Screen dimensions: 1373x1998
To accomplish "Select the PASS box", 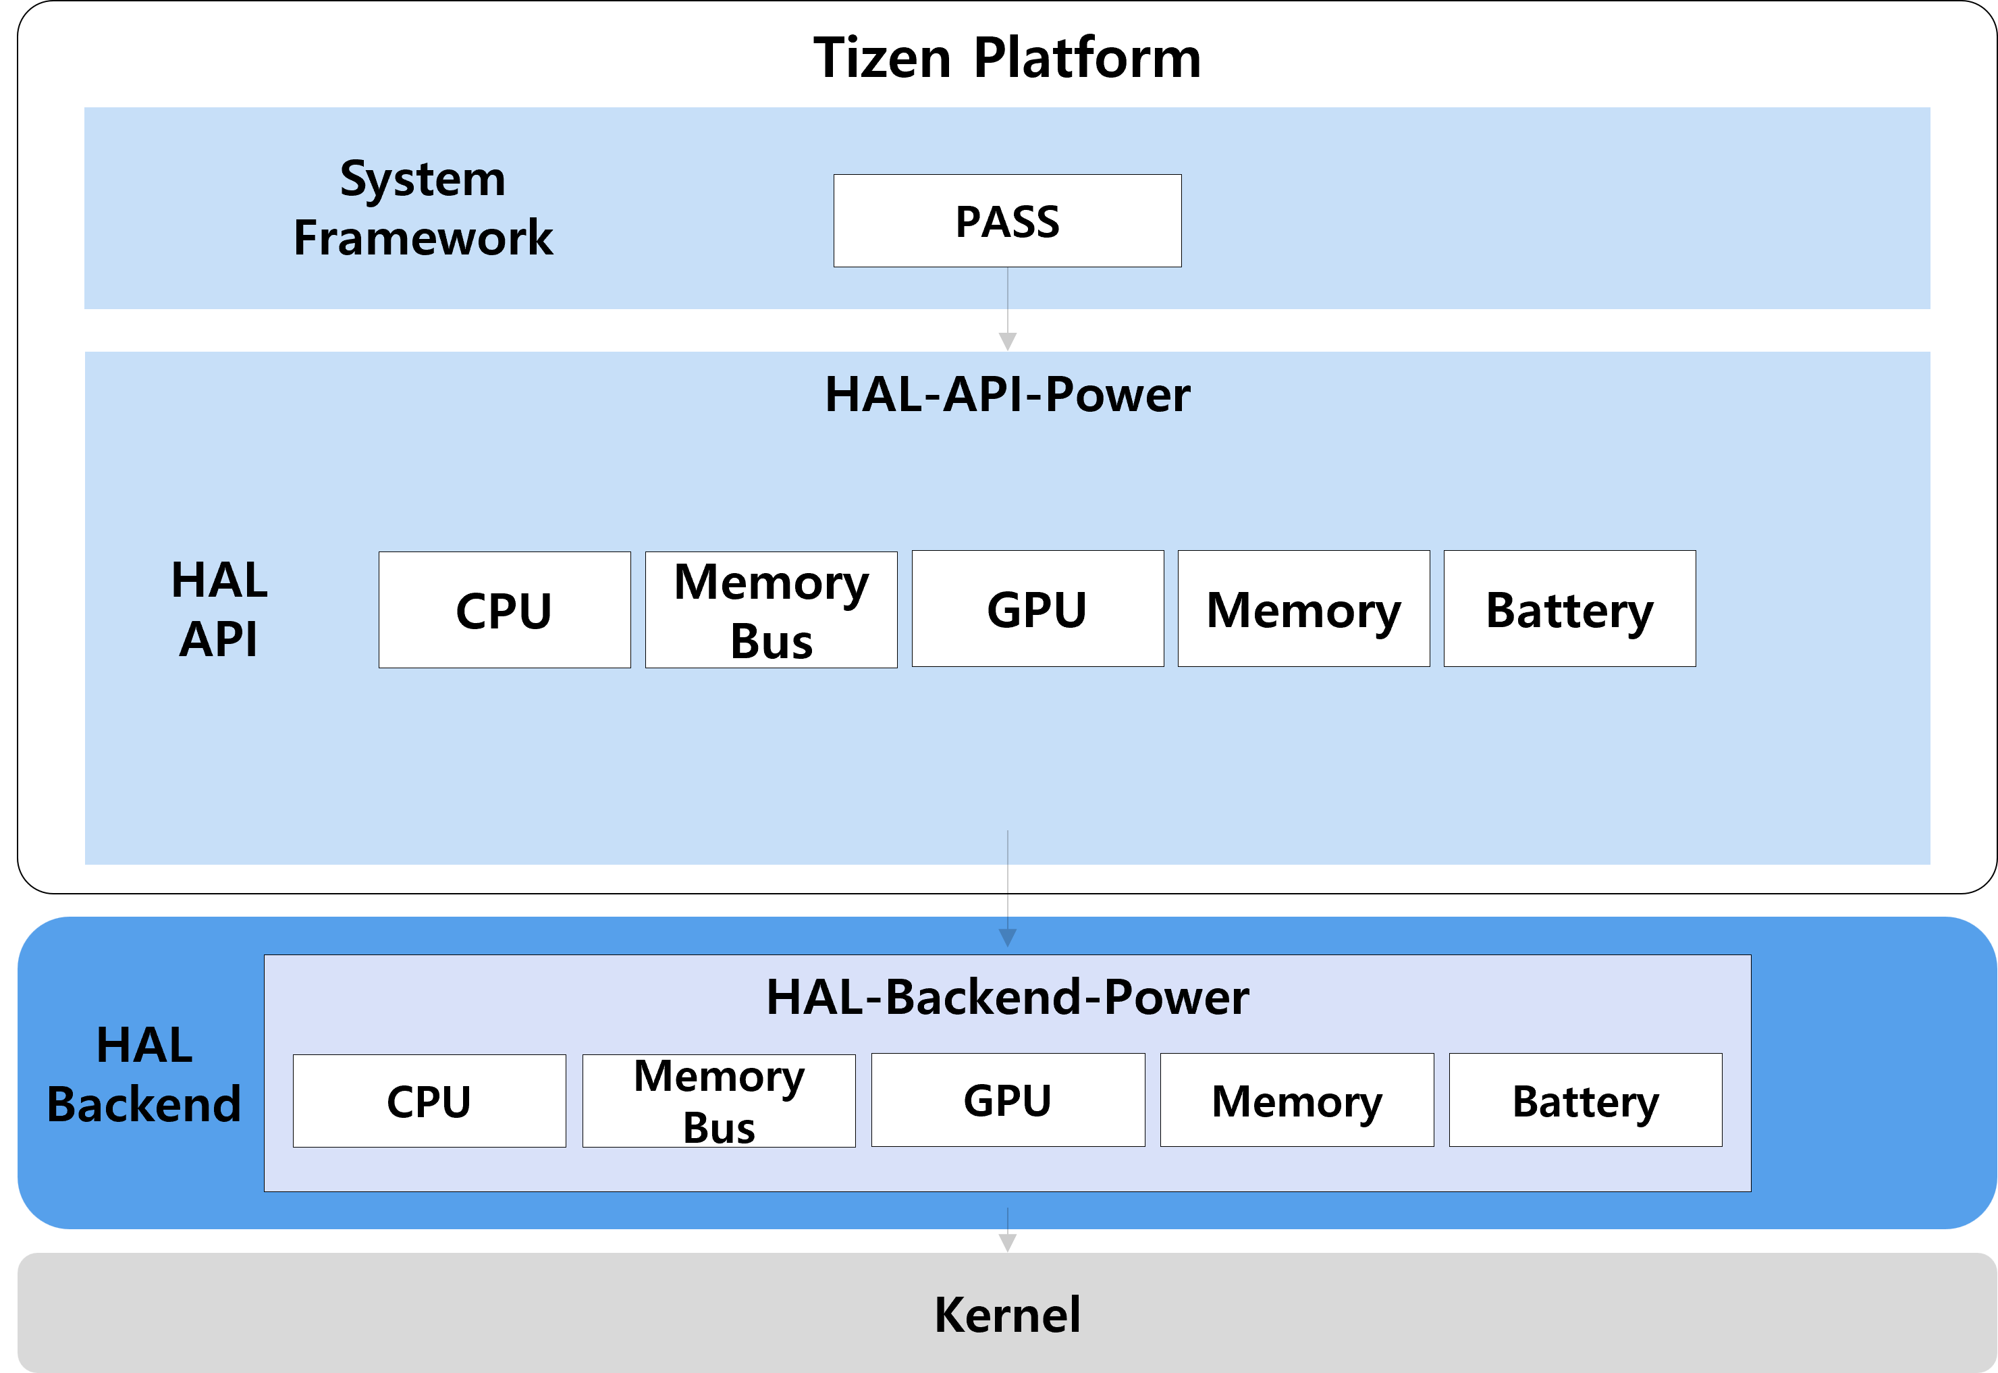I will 1007,221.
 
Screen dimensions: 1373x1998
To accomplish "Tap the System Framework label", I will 423,208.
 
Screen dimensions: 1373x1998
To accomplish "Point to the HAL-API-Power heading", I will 1007,395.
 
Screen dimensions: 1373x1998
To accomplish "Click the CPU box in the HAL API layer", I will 504,610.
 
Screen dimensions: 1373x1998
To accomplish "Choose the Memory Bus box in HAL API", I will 771,610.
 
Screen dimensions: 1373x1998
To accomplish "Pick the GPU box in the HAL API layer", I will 1037,609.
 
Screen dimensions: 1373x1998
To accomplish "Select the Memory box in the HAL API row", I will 1303,609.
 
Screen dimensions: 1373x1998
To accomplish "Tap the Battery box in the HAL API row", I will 1569,609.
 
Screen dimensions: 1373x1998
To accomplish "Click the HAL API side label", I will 219,609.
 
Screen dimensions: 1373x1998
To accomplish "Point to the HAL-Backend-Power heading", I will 1007,997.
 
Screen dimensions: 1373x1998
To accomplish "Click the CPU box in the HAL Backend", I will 429,1101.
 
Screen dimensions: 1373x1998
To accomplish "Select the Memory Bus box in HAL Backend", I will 718,1101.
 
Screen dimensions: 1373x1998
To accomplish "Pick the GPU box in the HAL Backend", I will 1008,1100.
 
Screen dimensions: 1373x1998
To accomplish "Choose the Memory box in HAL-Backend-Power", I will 1297,1100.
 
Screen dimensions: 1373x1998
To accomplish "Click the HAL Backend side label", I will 144,1075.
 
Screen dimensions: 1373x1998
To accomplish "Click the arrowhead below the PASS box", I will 1007,342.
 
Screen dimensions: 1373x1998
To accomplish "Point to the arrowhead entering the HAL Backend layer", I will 1007,938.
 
